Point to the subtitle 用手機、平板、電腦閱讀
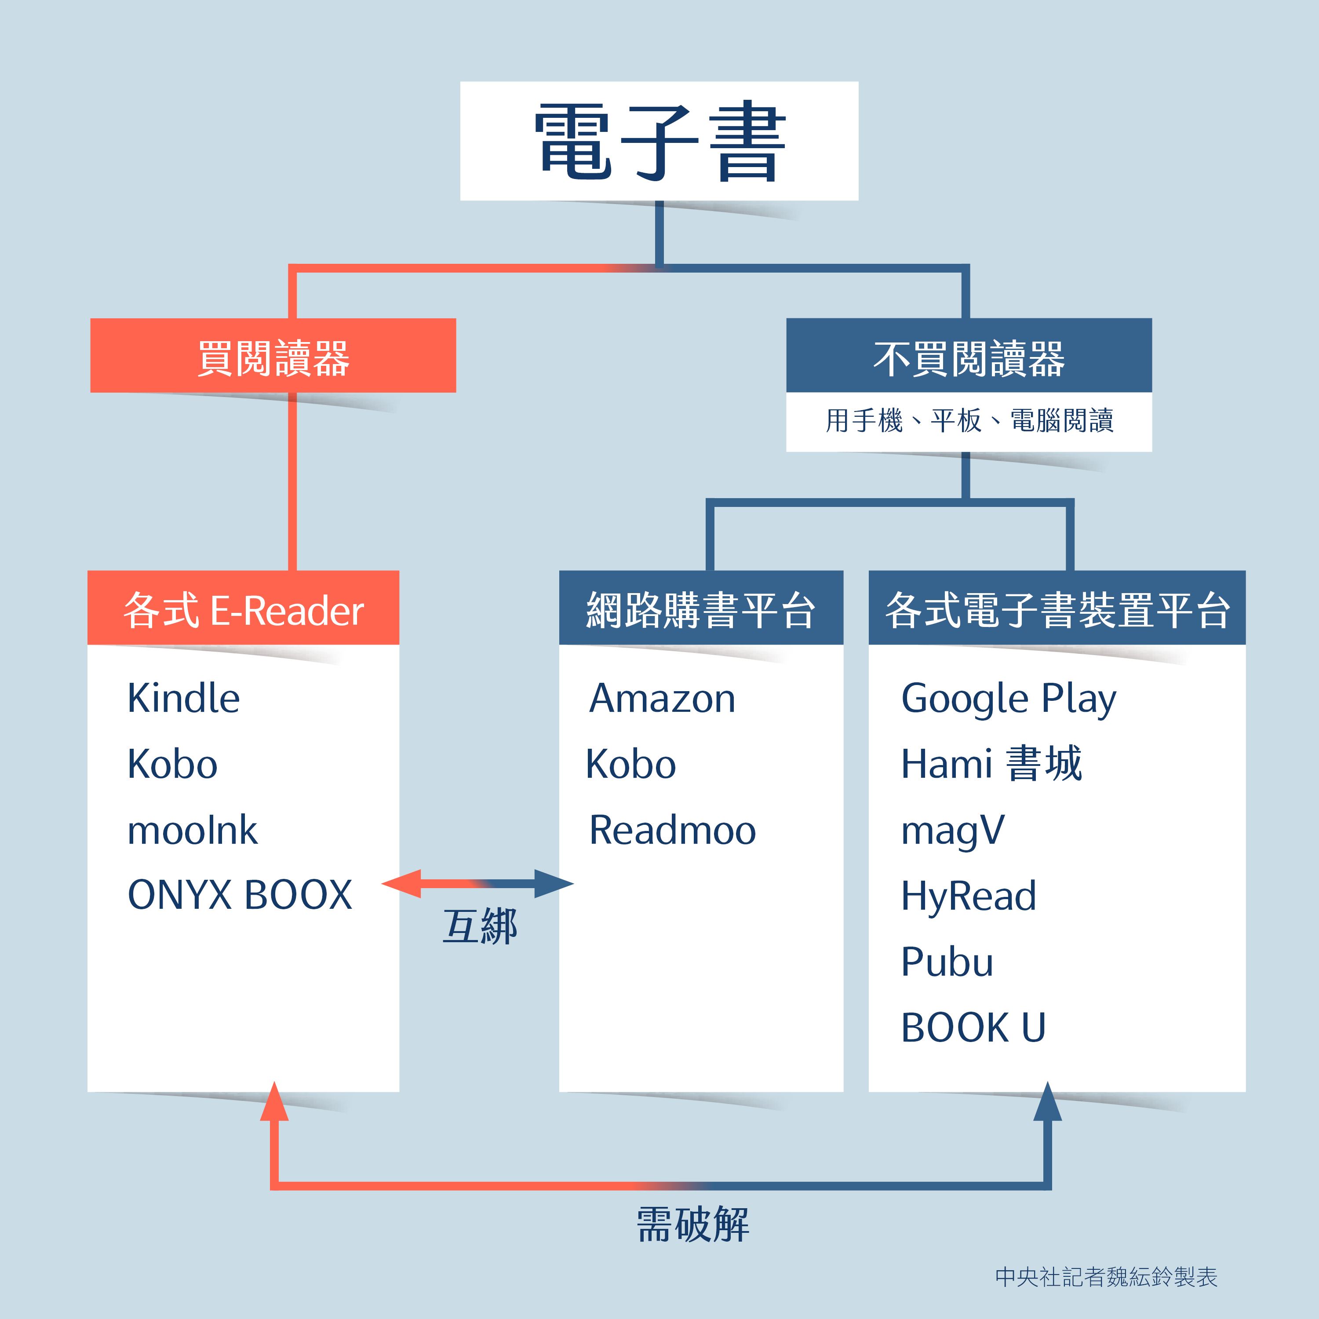click(x=969, y=421)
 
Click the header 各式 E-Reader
click(x=243, y=610)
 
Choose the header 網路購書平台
click(x=701, y=610)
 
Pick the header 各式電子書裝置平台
click(x=1057, y=610)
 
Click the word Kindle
click(x=184, y=699)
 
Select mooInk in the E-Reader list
click(x=193, y=830)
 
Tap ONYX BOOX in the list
click(x=240, y=895)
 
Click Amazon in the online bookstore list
click(x=662, y=699)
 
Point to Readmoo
click(x=673, y=830)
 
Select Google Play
click(x=1008, y=699)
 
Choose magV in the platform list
click(x=952, y=830)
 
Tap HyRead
click(x=968, y=896)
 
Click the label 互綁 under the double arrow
click(x=480, y=927)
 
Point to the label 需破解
click(x=692, y=1224)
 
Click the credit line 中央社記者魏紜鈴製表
click(x=1106, y=1277)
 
